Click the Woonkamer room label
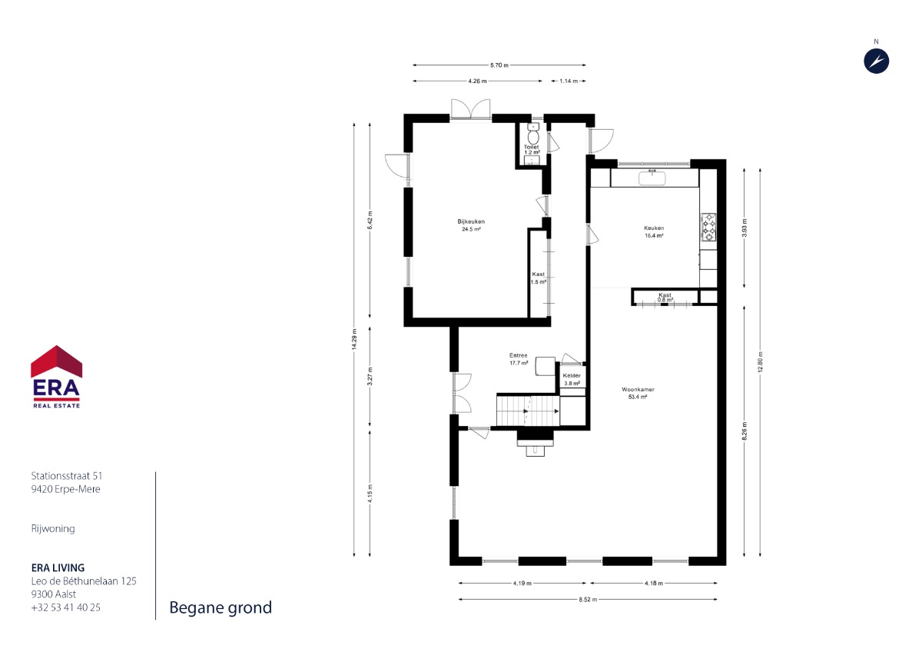coord(638,393)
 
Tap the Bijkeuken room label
coord(471,225)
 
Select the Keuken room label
coord(654,231)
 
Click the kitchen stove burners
coord(708,227)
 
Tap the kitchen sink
coord(652,178)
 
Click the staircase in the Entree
coord(528,411)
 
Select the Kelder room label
coord(572,379)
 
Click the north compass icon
coord(877,61)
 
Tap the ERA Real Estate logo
coord(56,377)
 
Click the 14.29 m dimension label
coord(354,339)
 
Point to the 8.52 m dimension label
coord(588,599)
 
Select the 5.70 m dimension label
coord(499,65)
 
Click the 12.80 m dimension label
coord(760,362)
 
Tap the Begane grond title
coord(221,607)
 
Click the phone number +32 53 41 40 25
coord(66,607)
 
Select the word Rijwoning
coord(53,528)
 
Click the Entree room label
coord(519,359)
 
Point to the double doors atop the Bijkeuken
coord(470,109)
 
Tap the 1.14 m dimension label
coord(569,81)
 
